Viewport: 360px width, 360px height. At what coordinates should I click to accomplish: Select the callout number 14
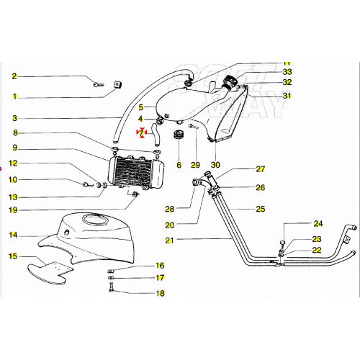click(13, 235)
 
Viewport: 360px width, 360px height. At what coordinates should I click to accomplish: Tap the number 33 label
click(267, 72)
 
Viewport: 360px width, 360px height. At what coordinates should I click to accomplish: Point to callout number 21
click(169, 239)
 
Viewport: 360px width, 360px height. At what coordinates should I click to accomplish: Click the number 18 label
click(160, 293)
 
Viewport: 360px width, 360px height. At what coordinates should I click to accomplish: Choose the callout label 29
click(195, 165)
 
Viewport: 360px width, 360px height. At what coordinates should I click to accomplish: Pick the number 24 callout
click(318, 223)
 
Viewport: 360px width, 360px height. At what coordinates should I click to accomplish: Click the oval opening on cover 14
click(91, 218)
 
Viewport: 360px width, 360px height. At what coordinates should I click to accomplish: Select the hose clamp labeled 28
click(194, 185)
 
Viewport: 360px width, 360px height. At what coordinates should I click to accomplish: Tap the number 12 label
click(13, 163)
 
